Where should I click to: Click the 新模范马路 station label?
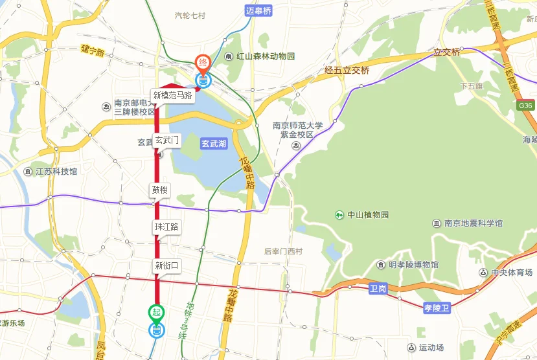pyautogui.click(x=172, y=95)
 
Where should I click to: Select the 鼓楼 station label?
pyautogui.click(x=160, y=190)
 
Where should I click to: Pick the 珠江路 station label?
pyautogui.click(x=166, y=227)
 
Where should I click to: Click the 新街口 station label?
pyautogui.click(x=166, y=265)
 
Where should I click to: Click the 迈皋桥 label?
pyautogui.click(x=258, y=10)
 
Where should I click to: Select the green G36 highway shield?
pyautogui.click(x=525, y=106)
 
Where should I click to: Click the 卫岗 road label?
pyautogui.click(x=378, y=288)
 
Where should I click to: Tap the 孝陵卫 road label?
pyautogui.click(x=437, y=308)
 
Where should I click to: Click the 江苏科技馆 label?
pyautogui.click(x=56, y=172)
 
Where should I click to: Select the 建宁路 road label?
pyautogui.click(x=93, y=49)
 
